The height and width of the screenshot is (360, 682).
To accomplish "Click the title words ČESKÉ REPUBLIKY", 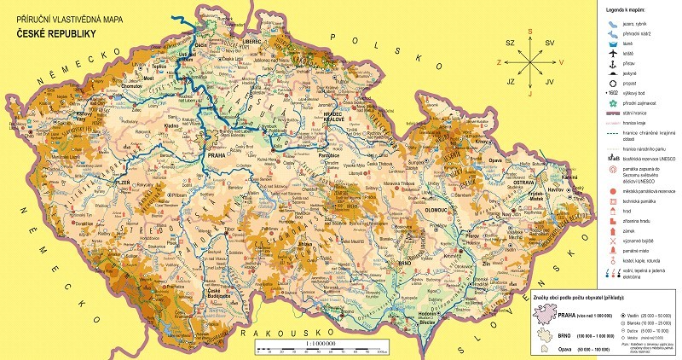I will coord(53,34).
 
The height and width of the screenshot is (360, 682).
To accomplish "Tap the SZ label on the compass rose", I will coord(511,42).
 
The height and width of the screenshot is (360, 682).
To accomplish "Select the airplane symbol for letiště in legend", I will coord(614,53).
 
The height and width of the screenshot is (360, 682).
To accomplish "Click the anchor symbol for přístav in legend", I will coord(614,65).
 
